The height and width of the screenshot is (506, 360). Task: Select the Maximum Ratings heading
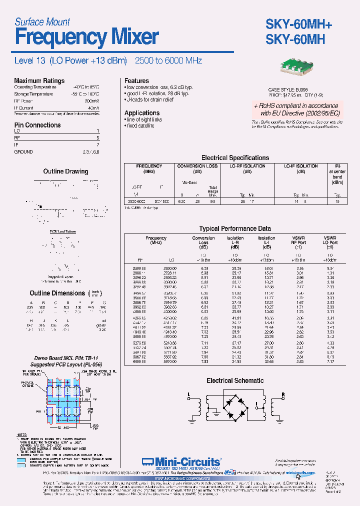point(39,80)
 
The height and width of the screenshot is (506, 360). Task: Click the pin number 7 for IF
point(98,144)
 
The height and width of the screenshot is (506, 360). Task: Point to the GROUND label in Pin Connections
point(23,151)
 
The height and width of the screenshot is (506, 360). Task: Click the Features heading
point(136,80)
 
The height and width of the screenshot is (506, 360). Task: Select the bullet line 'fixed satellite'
point(140,125)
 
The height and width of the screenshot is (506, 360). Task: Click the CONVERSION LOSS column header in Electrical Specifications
point(197,166)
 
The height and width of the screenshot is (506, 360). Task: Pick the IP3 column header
point(337,166)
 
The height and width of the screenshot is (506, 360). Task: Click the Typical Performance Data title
point(235,228)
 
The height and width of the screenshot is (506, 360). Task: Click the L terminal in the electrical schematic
point(188,394)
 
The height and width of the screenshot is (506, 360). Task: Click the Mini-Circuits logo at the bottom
point(180,461)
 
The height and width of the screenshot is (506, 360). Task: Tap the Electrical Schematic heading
point(235,380)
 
